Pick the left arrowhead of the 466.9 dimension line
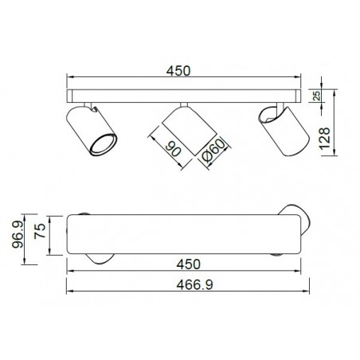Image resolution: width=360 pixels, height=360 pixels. [x=69, y=292]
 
